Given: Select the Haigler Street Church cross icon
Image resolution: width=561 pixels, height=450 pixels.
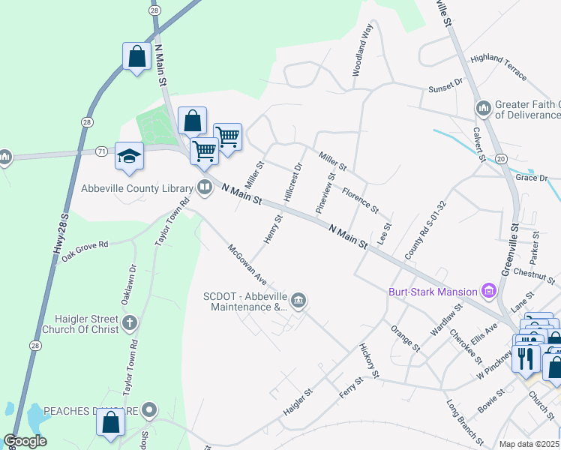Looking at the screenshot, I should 130,324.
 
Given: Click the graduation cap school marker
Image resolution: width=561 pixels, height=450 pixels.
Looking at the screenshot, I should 129,156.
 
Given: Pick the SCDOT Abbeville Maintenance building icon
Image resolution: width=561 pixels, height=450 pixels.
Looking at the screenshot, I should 298,301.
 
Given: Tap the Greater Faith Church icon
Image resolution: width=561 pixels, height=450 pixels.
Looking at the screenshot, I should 484,109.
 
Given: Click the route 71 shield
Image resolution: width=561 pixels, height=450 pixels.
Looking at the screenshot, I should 100,151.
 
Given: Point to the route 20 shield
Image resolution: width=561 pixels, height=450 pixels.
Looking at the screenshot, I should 501,158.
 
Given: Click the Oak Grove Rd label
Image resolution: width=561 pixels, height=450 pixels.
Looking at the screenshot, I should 85,250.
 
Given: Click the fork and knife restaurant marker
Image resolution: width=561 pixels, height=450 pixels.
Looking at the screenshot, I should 527,358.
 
